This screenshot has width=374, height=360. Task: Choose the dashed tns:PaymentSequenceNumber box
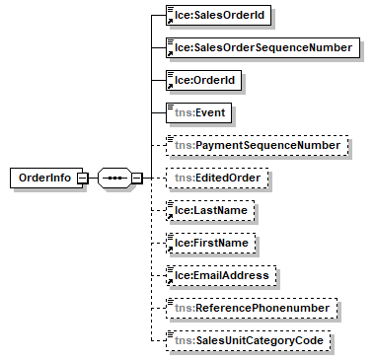257,145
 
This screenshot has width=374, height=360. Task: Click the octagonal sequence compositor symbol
115,179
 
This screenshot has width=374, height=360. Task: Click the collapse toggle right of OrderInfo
83,179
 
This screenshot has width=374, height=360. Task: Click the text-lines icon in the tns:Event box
171,106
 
